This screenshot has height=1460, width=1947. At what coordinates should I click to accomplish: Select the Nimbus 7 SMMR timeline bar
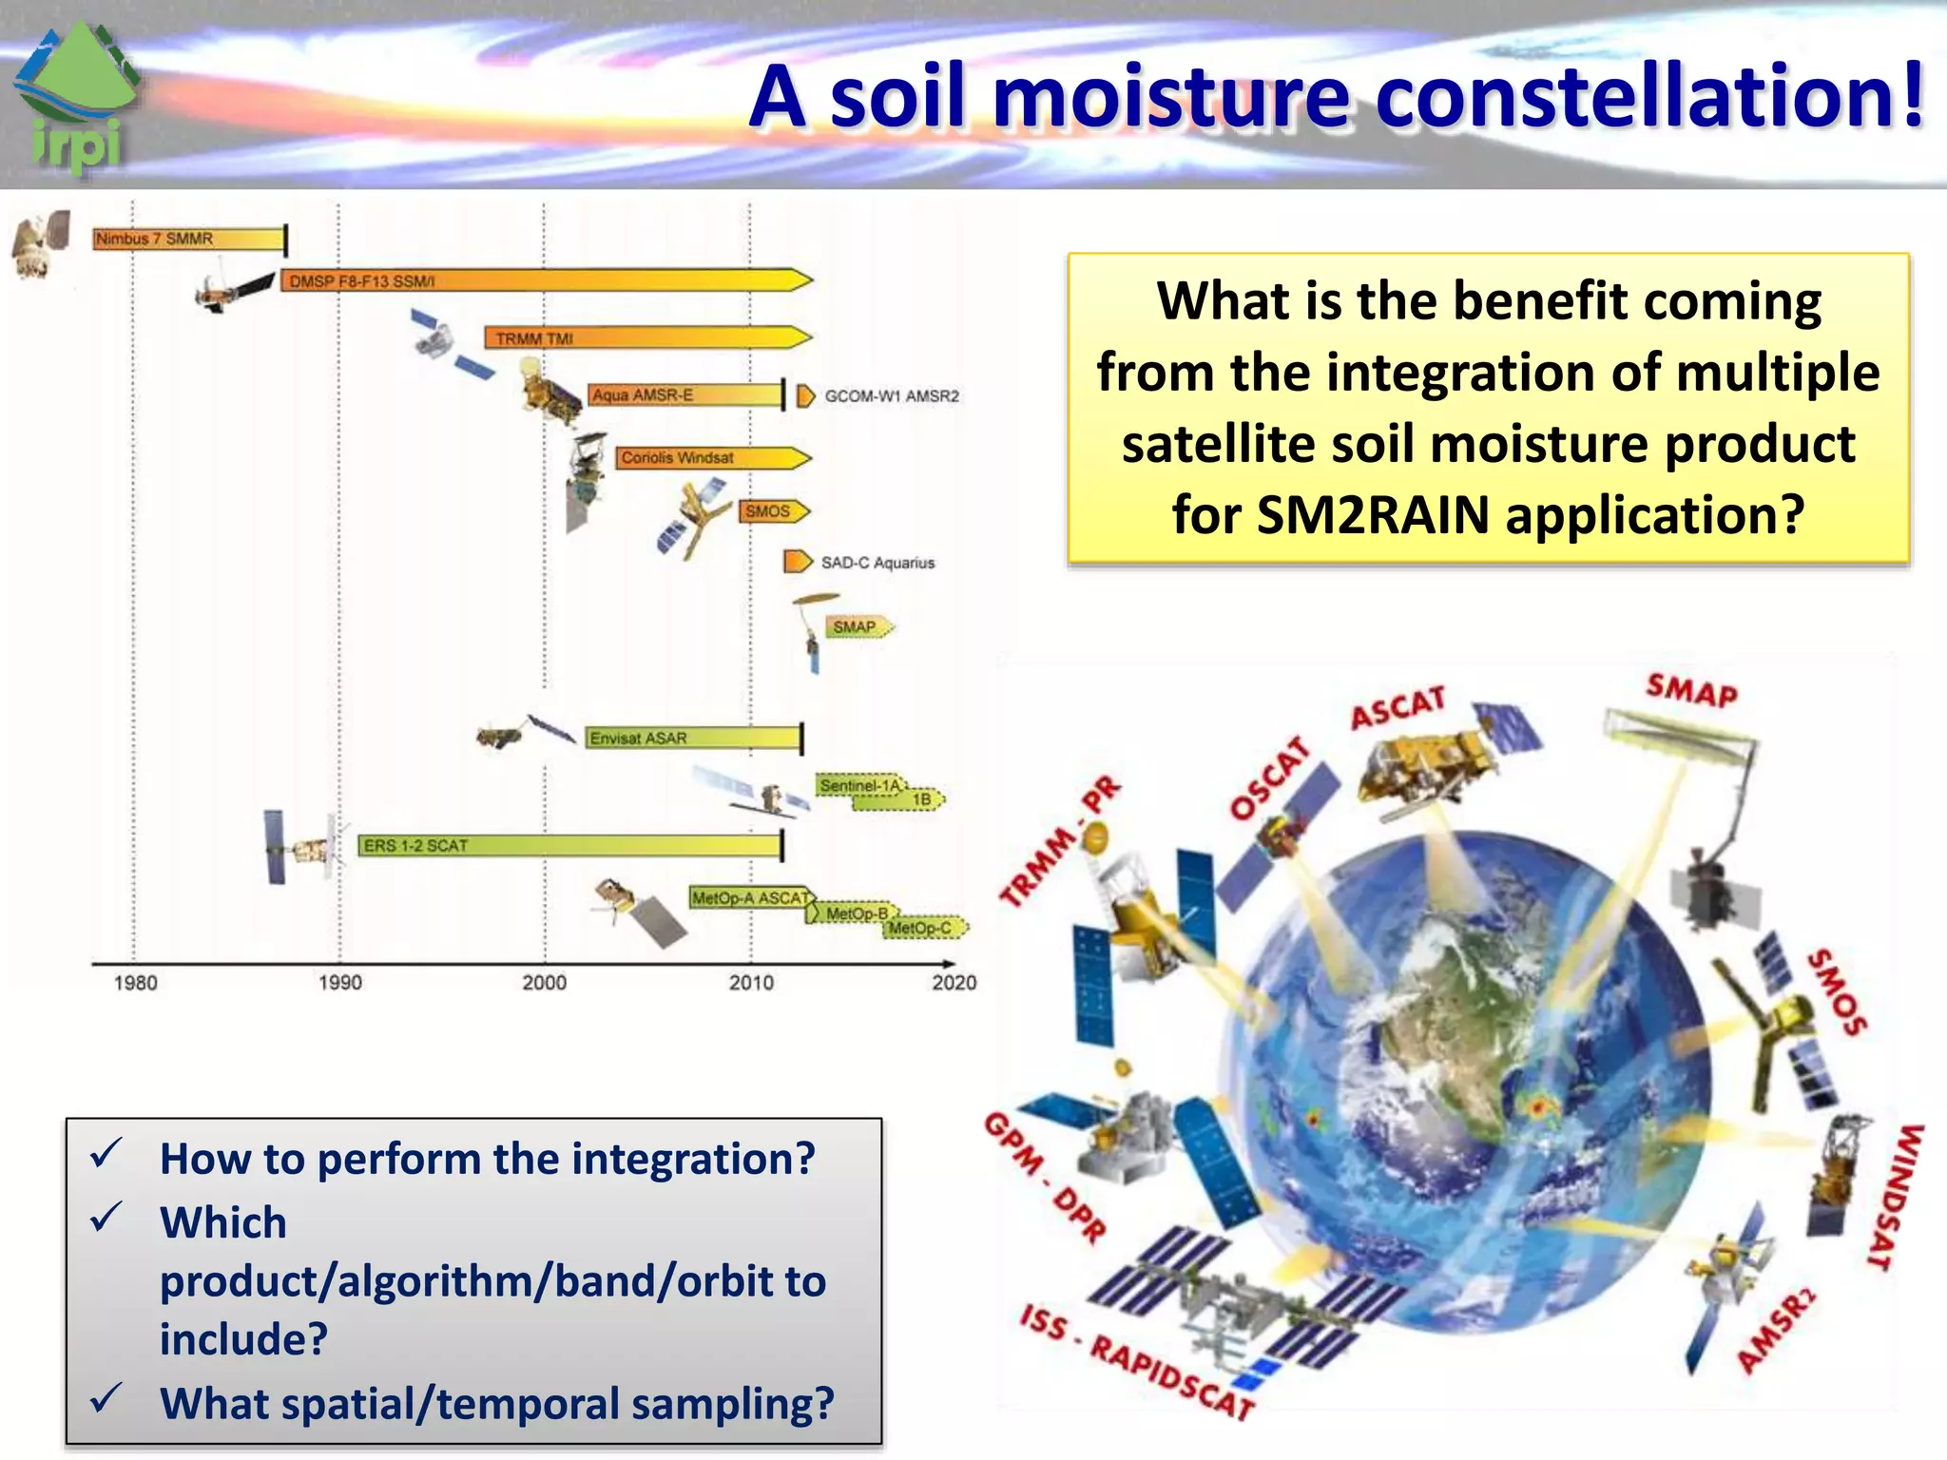[x=188, y=240]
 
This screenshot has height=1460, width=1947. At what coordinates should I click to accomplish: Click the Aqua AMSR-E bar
[x=684, y=395]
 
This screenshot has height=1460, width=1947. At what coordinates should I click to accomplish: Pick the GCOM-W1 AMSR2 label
[x=891, y=396]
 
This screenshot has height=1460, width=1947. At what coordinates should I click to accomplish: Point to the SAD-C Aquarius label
[x=877, y=563]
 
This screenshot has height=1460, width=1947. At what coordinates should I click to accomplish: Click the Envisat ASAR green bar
[x=692, y=738]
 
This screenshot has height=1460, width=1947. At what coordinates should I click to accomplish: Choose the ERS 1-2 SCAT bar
[x=569, y=845]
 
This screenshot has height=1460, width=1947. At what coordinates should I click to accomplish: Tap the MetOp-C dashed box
[x=924, y=928]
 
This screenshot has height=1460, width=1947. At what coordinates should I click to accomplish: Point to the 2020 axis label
[x=954, y=983]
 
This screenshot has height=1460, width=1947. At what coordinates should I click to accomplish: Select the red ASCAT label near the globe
[x=1398, y=708]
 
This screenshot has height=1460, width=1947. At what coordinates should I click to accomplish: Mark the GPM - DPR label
[x=1046, y=1179]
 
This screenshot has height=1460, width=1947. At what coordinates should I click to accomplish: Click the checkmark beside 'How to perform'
[x=105, y=1153]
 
